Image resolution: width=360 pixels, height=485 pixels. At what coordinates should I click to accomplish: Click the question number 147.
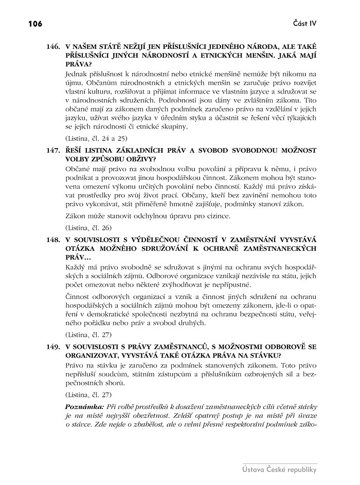click(x=53, y=151)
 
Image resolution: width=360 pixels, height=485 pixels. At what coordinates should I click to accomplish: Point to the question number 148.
click(x=53, y=239)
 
